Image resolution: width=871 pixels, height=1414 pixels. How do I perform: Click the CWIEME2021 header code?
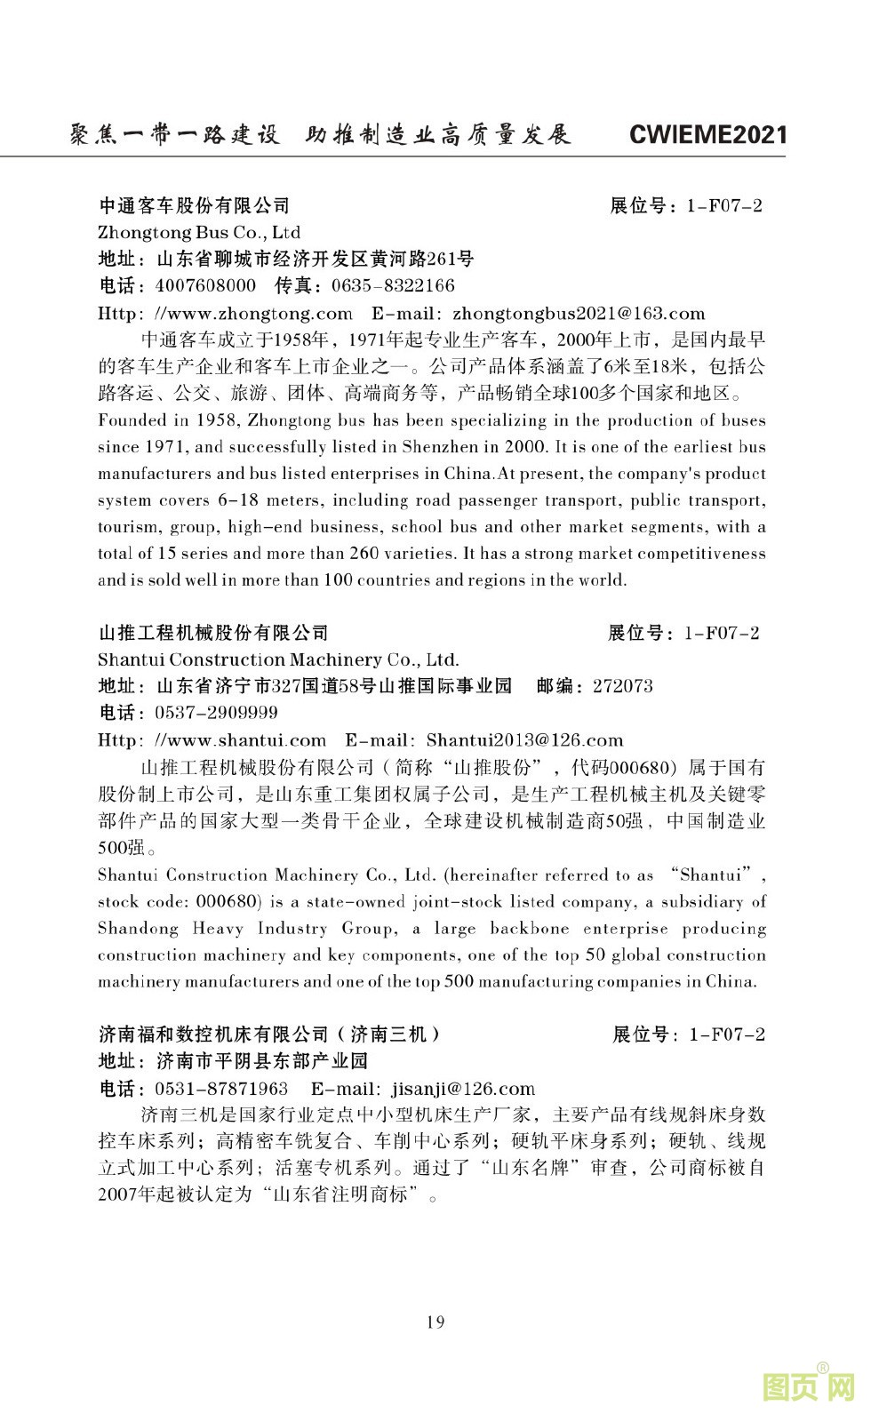pyautogui.click(x=707, y=135)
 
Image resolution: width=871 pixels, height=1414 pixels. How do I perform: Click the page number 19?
pyautogui.click(x=435, y=1322)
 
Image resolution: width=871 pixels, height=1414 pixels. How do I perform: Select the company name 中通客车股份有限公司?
pyautogui.click(x=194, y=206)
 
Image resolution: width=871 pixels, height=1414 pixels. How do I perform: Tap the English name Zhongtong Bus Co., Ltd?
pyautogui.click(x=199, y=233)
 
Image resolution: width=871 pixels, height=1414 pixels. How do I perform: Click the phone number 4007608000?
pyautogui.click(x=205, y=286)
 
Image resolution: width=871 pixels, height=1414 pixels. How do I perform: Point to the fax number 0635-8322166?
pyautogui.click(x=392, y=286)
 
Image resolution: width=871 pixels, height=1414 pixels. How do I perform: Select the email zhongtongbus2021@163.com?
pyautogui.click(x=579, y=314)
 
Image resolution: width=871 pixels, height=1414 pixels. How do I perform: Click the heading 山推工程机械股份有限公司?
pyautogui.click(x=213, y=633)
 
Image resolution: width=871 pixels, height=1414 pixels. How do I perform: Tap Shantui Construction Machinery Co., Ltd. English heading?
pyautogui.click(x=278, y=659)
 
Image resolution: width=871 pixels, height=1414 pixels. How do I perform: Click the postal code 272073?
pyautogui.click(x=622, y=686)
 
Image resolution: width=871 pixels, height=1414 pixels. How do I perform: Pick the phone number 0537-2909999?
pyautogui.click(x=216, y=713)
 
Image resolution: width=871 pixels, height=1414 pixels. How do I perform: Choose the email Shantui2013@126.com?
pyautogui.click(x=524, y=740)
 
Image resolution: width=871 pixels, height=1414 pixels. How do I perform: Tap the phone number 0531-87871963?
pyautogui.click(x=221, y=1089)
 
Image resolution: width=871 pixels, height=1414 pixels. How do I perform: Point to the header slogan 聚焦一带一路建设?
pyautogui.click(x=174, y=135)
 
